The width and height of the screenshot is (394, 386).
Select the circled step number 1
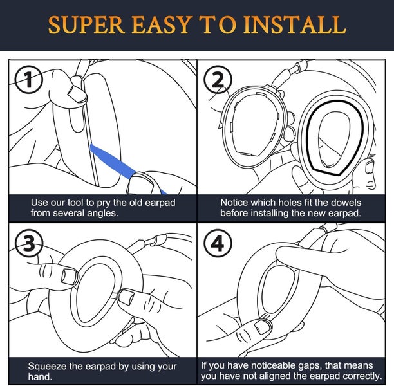[x=27, y=80]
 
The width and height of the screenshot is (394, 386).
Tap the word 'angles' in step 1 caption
[x=103, y=213]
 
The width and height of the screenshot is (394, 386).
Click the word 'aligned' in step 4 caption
[x=288, y=376]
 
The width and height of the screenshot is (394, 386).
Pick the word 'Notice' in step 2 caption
[x=235, y=202]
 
